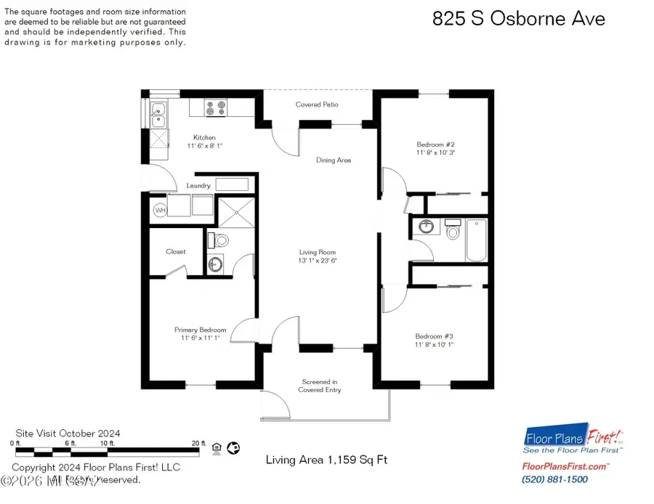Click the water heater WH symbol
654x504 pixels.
click(160, 211)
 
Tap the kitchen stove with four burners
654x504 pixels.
click(216, 108)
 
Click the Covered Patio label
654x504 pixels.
click(317, 105)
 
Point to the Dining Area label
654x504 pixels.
click(334, 160)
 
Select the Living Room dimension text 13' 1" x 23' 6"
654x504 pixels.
click(318, 261)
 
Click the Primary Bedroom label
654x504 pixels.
click(200, 330)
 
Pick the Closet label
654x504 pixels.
click(175, 252)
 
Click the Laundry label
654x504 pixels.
click(198, 186)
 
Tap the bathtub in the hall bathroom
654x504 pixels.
click(477, 240)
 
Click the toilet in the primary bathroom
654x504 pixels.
click(222, 240)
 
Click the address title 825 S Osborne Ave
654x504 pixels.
click(518, 19)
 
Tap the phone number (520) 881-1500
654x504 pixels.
click(554, 479)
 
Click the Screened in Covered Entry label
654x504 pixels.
click(320, 386)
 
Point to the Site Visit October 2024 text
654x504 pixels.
click(68, 434)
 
